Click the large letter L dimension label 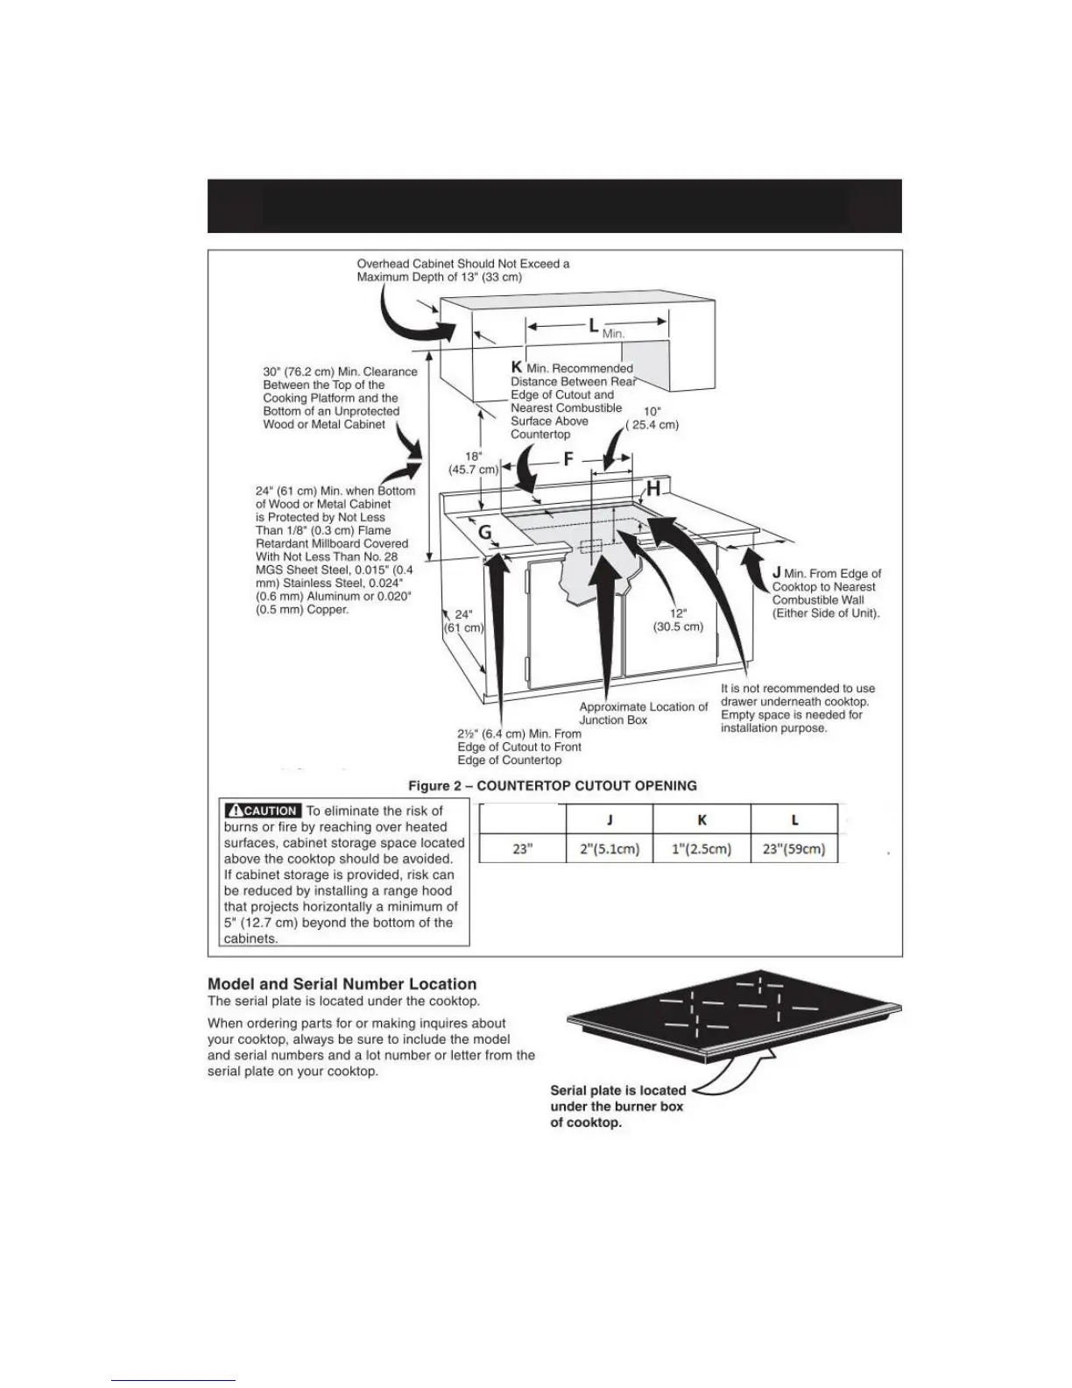pyautogui.click(x=594, y=326)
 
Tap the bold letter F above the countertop pyautogui.click(x=568, y=460)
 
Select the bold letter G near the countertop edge pyautogui.click(x=484, y=533)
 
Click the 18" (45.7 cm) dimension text pyautogui.click(x=473, y=463)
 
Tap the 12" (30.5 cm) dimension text pyautogui.click(x=678, y=620)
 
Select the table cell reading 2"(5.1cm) pyautogui.click(x=610, y=849)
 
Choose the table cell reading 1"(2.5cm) pyautogui.click(x=702, y=849)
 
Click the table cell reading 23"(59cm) pyautogui.click(x=794, y=849)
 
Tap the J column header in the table pyautogui.click(x=610, y=820)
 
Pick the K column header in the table pyautogui.click(x=702, y=820)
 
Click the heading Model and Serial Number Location pyautogui.click(x=342, y=984)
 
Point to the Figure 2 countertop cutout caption pyautogui.click(x=553, y=785)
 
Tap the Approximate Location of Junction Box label pyautogui.click(x=643, y=713)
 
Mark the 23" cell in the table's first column pyautogui.click(x=523, y=849)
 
